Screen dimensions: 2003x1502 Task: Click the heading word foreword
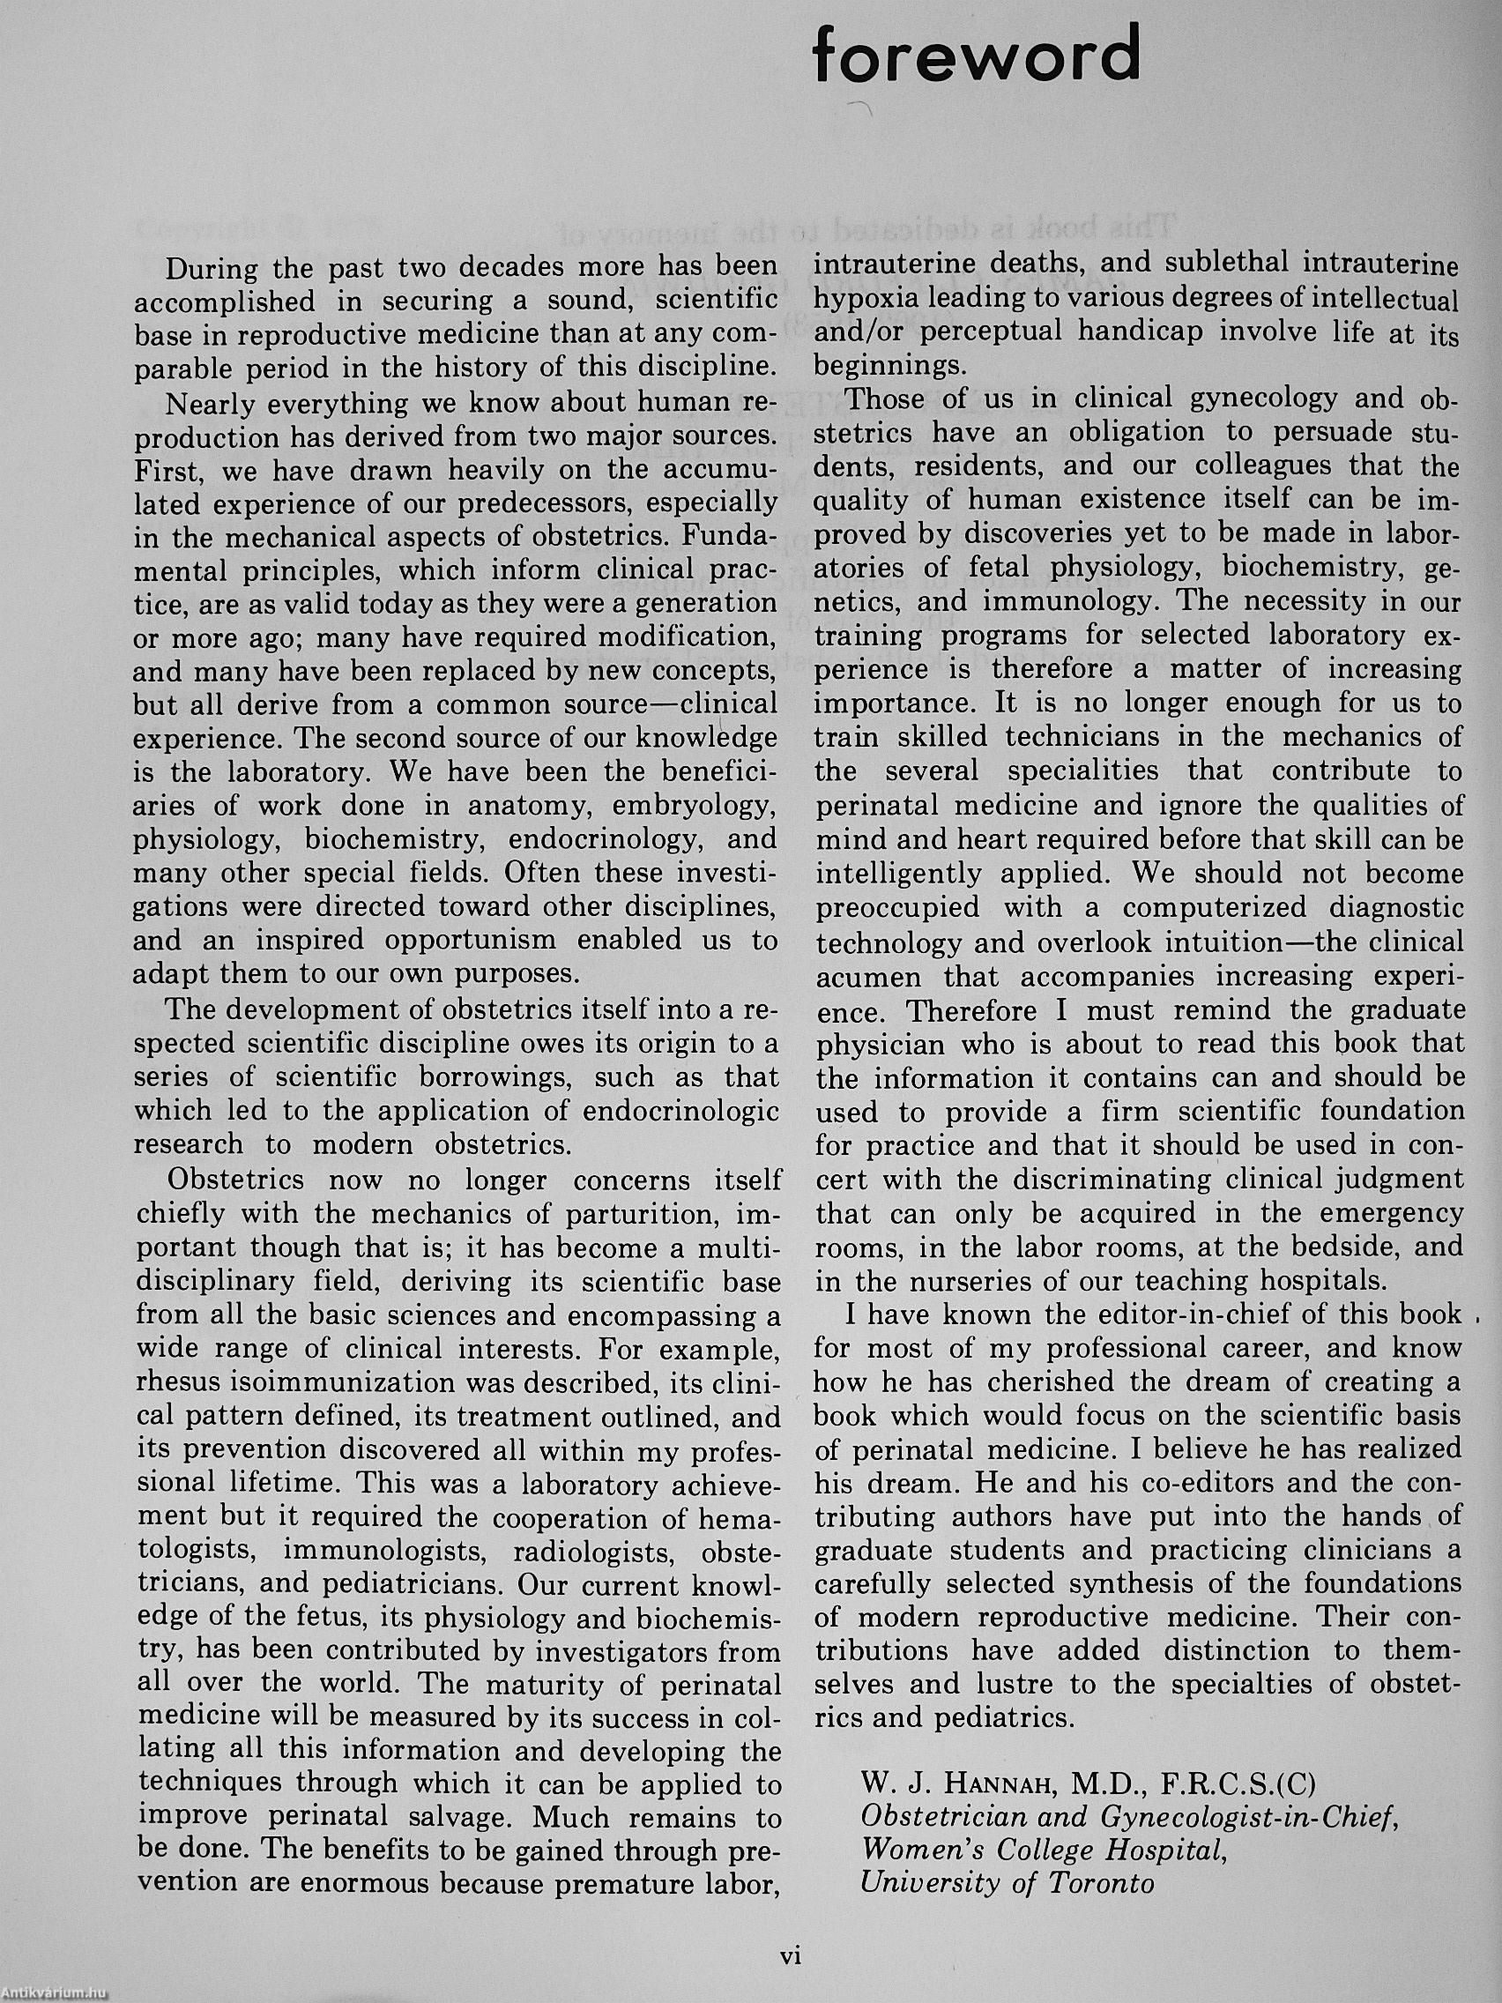click(x=976, y=55)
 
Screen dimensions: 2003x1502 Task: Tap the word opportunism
click(x=470, y=940)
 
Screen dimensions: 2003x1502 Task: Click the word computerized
click(x=1216, y=908)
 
